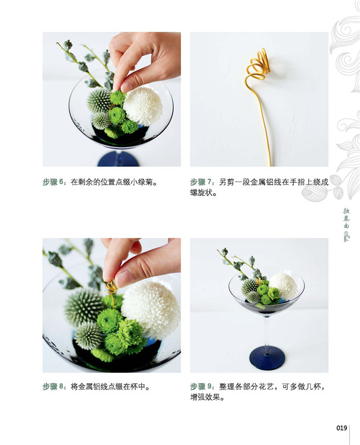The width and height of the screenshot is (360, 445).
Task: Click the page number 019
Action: pyautogui.click(x=342, y=428)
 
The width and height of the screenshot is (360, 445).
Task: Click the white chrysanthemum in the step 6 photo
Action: pyautogui.click(x=143, y=106)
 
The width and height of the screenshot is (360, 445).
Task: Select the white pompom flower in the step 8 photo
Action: pyautogui.click(x=151, y=309)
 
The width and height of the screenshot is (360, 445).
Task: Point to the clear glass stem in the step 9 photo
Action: pyautogui.click(x=266, y=332)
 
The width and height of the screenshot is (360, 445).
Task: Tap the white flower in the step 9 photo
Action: pyautogui.click(x=283, y=286)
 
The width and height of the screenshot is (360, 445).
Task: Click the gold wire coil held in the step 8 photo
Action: pyautogui.click(x=111, y=288)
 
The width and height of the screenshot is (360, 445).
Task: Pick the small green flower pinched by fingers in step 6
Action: pyautogui.click(x=117, y=97)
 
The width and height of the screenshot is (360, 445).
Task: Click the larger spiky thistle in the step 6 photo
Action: pyautogui.click(x=99, y=100)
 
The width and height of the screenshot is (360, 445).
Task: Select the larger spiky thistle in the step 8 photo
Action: pyautogui.click(x=84, y=306)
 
